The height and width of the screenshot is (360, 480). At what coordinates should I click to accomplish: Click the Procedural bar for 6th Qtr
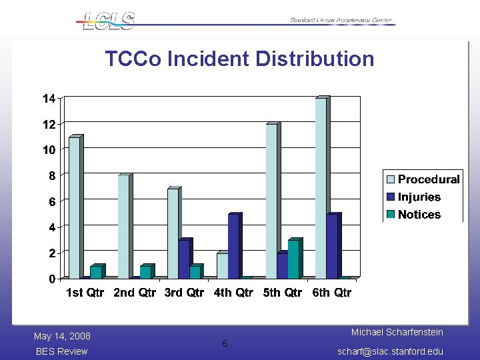coord(321,188)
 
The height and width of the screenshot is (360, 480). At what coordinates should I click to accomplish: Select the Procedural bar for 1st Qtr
coord(74,207)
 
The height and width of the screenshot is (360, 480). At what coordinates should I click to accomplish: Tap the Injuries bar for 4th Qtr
coord(233,246)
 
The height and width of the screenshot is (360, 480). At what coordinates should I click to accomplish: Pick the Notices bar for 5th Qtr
coord(293,259)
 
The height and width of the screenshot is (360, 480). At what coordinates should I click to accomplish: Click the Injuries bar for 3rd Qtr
coord(183,259)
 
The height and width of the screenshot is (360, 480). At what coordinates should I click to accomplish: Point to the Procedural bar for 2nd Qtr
coord(123,227)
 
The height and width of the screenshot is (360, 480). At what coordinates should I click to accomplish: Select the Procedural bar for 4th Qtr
coord(222,265)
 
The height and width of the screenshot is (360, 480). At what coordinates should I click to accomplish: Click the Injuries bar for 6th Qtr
coord(331,246)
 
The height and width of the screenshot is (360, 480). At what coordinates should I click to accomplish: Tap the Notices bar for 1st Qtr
coord(96,272)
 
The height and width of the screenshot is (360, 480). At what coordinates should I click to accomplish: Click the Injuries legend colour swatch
coord(390,197)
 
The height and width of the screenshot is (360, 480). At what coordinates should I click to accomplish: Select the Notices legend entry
coord(419,215)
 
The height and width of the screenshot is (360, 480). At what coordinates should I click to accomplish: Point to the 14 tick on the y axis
coord(49,99)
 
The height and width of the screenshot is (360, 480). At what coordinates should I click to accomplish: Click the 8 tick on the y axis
coord(51,175)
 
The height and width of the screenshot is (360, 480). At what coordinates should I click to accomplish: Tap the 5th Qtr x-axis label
coord(282,293)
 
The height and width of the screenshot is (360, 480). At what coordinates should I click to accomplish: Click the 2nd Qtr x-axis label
coord(135,293)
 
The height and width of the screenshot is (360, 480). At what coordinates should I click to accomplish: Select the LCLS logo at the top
coord(108,21)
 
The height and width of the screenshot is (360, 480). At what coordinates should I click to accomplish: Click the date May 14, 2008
coord(62,336)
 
